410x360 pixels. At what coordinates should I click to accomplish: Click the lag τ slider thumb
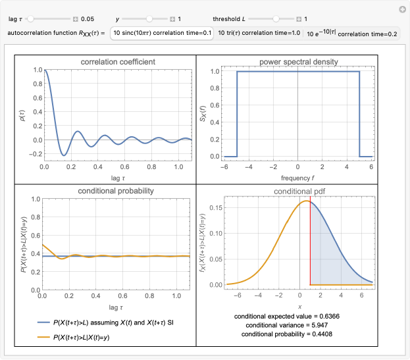coord(29,19)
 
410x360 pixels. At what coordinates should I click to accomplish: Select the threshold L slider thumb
coord(276,19)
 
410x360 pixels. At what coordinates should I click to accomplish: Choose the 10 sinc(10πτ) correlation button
coord(162,33)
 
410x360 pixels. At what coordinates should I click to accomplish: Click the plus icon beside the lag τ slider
coord(75,19)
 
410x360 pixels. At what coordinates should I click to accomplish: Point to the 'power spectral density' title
coord(298,62)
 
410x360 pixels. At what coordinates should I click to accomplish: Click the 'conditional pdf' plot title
coord(298,192)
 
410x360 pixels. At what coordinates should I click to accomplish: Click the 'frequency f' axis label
coord(298,178)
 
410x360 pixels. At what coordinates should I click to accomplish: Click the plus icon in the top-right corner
coord(402,9)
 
